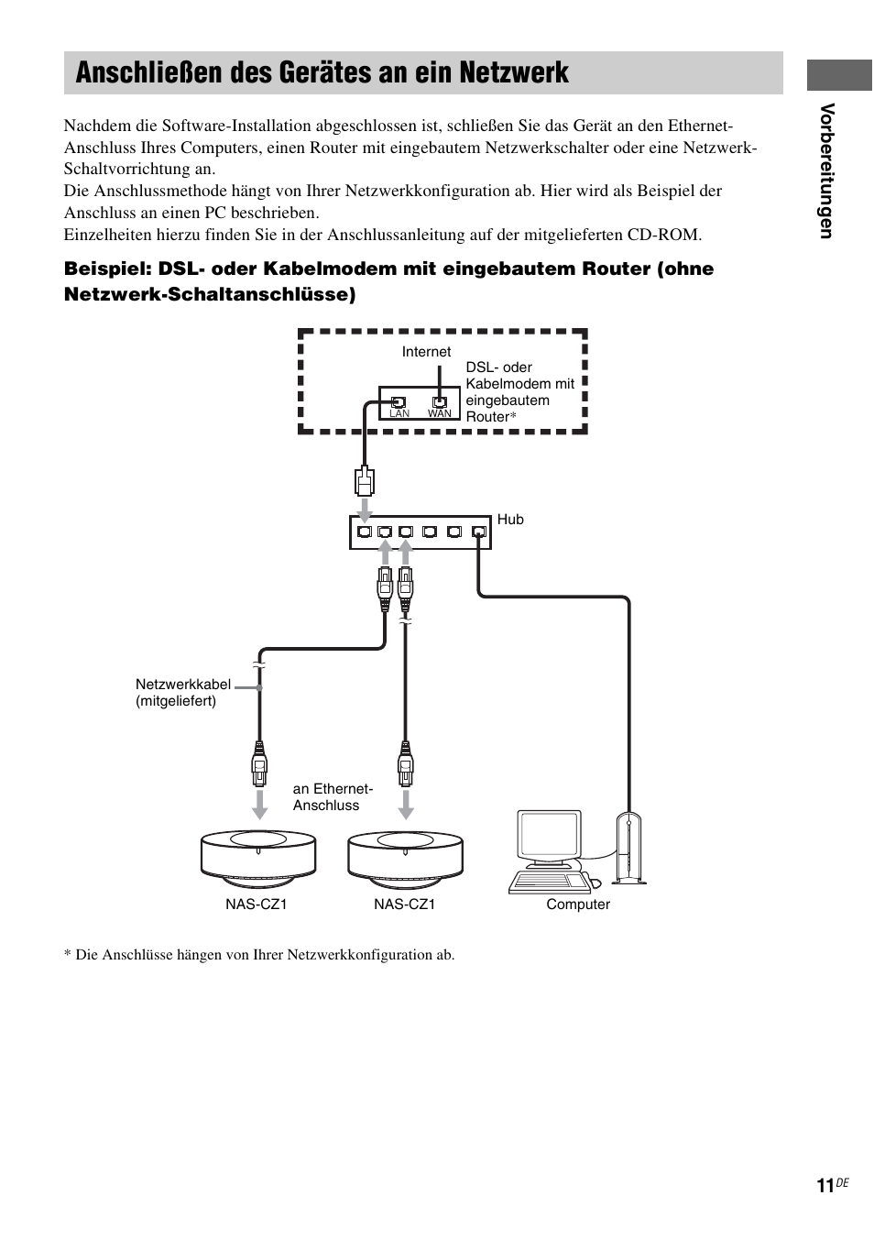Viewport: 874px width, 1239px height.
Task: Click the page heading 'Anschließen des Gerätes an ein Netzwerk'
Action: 322,72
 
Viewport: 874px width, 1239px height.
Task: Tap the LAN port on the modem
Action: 399,401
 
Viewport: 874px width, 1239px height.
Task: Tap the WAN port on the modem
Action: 440,401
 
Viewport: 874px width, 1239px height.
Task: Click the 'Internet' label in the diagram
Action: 426,352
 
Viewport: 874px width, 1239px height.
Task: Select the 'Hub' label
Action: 510,520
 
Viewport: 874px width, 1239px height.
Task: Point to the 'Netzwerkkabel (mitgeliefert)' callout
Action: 182,693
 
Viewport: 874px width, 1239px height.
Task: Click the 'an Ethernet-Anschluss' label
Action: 333,797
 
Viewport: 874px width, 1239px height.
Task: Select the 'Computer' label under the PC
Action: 578,905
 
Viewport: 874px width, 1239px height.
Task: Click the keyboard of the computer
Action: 550,882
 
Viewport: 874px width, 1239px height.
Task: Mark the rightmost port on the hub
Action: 477,532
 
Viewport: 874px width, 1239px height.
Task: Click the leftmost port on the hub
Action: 365,532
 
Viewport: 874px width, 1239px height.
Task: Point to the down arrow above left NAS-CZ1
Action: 260,804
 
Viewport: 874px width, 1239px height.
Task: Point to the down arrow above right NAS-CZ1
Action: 406,804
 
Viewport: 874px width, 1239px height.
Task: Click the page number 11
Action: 825,1186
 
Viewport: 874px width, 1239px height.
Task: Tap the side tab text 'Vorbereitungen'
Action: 826,170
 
